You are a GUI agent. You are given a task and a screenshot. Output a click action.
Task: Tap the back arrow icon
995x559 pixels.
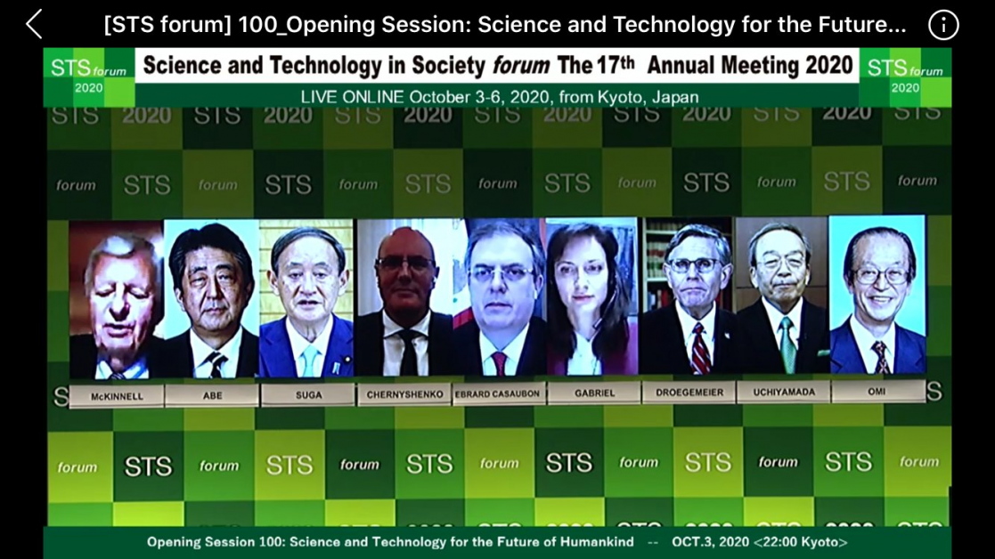click(x=34, y=25)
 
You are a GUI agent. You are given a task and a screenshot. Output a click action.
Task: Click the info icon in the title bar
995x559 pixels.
click(x=943, y=25)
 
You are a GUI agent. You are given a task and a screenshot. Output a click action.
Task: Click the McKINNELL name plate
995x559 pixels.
click(x=117, y=396)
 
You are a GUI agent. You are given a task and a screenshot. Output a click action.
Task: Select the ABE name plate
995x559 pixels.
click(x=212, y=395)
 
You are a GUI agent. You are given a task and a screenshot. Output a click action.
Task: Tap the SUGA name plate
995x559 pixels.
click(x=308, y=394)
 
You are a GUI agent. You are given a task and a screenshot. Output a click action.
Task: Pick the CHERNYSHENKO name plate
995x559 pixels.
click(x=404, y=393)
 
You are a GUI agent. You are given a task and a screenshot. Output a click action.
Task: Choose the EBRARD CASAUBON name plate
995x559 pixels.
click(x=497, y=393)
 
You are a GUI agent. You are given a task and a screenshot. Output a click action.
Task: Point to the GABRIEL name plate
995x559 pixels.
click(x=594, y=393)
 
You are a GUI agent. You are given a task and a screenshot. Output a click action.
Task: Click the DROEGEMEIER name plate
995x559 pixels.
click(x=689, y=392)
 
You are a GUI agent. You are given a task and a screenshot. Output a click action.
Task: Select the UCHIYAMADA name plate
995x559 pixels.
click(x=784, y=391)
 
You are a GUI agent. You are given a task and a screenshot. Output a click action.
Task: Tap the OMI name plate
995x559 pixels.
click(x=877, y=391)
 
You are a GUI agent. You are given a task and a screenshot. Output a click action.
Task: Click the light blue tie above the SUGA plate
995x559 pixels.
click(x=309, y=360)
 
